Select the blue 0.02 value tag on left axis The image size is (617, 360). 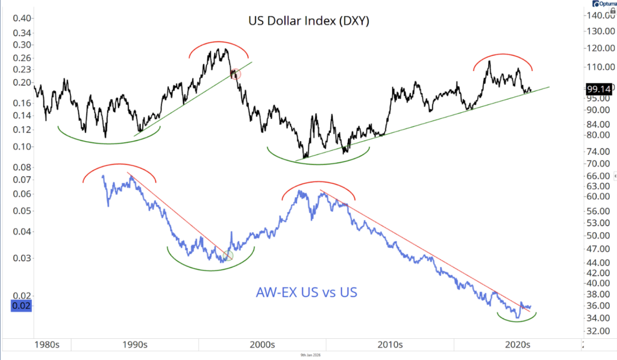(20, 305)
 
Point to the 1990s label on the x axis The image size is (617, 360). (134, 346)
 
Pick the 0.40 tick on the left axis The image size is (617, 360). (22, 18)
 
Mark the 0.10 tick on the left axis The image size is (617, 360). (22, 147)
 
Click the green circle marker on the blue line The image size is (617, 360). (227, 255)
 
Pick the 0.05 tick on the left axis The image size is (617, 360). (22, 211)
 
